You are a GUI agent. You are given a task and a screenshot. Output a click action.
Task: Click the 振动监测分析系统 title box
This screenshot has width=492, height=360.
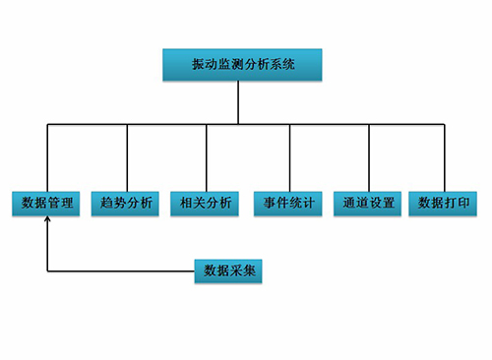coord(242,66)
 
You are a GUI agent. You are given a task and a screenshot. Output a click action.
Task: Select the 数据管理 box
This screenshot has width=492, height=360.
coord(46,204)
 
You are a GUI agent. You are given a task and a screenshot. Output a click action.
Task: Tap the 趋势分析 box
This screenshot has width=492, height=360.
coord(127,204)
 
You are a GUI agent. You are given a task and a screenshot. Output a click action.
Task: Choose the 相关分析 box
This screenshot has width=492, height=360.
coord(207,204)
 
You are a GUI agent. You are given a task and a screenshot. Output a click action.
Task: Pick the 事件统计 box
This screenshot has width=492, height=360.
coord(289,204)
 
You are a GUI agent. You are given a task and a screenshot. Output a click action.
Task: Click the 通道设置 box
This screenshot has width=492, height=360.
coord(369,204)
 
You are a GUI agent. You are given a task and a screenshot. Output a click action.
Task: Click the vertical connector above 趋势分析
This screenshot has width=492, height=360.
coord(127,155)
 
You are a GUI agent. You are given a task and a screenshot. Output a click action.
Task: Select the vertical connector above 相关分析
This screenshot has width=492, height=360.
coord(207,155)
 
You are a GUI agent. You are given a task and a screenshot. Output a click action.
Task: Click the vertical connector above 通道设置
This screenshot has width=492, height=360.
coord(369,155)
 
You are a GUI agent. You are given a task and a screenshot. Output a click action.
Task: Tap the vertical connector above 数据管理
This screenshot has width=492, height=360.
coord(46,155)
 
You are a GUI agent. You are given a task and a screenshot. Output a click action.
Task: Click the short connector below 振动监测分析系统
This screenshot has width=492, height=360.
coord(238,102)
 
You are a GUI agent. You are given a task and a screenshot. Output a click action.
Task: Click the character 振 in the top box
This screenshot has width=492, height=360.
coord(197,66)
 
